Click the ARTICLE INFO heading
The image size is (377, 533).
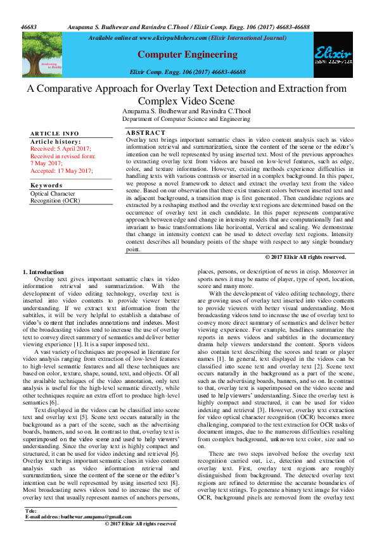54,134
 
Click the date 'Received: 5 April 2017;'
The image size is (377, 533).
61,148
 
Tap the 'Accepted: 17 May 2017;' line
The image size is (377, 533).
61,171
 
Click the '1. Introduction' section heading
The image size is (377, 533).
43,272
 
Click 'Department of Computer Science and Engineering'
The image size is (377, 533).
186,119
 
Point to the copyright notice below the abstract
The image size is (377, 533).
305,257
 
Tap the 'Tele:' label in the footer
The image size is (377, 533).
30,510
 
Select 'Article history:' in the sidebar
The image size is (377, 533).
56,141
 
